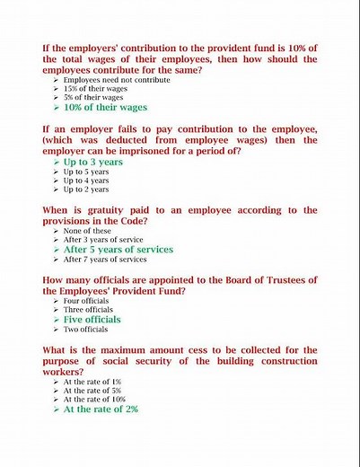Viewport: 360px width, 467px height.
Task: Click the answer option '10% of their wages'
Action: pyautogui.click(x=105, y=107)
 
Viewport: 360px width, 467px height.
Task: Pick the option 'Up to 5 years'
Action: pyautogui.click(x=86, y=172)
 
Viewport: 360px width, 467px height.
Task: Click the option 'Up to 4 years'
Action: pyautogui.click(x=86, y=181)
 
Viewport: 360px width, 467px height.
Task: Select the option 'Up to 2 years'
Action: pyautogui.click(x=86, y=189)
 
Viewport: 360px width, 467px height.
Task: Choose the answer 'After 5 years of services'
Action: pyautogui.click(x=118, y=250)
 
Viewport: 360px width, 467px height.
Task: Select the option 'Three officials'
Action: pyautogui.click(x=88, y=309)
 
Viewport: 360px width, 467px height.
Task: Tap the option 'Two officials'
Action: pyautogui.click(x=85, y=329)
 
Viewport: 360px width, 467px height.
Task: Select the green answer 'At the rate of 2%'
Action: pyautogui.click(x=101, y=409)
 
